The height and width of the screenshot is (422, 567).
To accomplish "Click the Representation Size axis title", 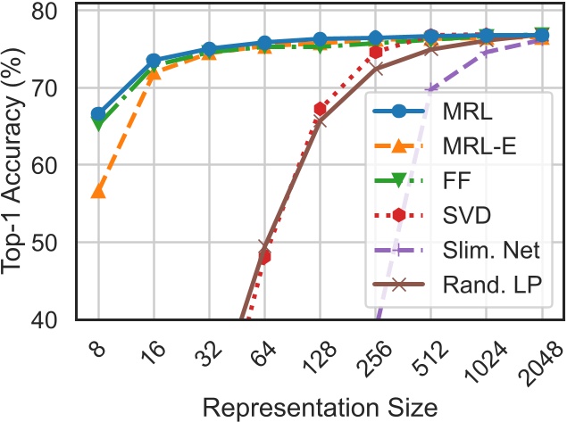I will click(x=319, y=407).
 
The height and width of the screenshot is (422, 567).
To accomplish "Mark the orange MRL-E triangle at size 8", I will click(x=98, y=191).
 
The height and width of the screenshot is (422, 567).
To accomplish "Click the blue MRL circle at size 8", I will click(x=98, y=114).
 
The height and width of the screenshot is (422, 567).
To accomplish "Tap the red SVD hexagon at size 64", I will click(x=264, y=257).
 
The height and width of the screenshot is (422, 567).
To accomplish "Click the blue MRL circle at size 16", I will click(x=154, y=61).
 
